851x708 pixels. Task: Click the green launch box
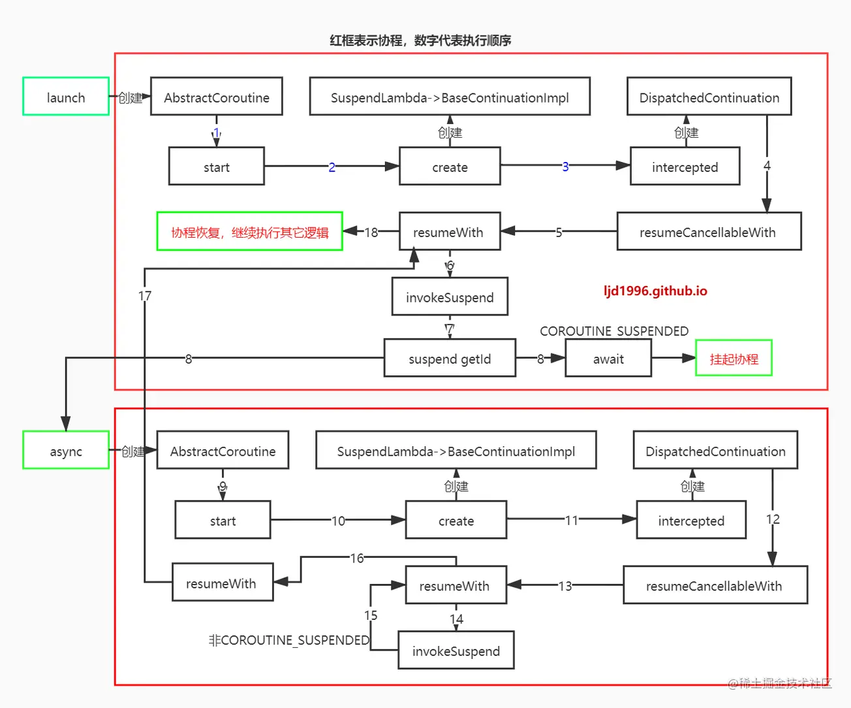pyautogui.click(x=66, y=97)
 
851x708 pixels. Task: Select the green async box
pyautogui.click(x=66, y=451)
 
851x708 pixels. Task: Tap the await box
pyautogui.click(x=608, y=358)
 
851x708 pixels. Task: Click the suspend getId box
pyautogui.click(x=450, y=358)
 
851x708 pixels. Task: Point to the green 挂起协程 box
pyautogui.click(x=734, y=358)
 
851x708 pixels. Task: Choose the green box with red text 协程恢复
pyautogui.click(x=250, y=232)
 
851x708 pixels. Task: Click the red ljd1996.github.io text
pyautogui.click(x=655, y=291)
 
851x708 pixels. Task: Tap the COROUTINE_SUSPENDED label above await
pyautogui.click(x=614, y=330)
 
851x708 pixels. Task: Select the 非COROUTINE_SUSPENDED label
pyautogui.click(x=289, y=640)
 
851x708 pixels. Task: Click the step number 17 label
pyautogui.click(x=145, y=296)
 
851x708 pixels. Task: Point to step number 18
pyautogui.click(x=371, y=232)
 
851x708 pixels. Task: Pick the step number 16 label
pyautogui.click(x=357, y=558)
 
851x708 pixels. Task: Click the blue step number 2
pyautogui.click(x=332, y=167)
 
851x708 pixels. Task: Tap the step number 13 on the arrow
pyautogui.click(x=565, y=586)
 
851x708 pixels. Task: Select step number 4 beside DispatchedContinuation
pyautogui.click(x=767, y=166)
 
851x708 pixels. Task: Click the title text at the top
pyautogui.click(x=420, y=40)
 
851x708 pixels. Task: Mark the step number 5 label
pyautogui.click(x=559, y=232)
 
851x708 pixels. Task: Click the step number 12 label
pyautogui.click(x=773, y=519)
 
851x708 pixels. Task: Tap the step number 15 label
pyautogui.click(x=371, y=615)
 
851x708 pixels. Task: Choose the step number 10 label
pyautogui.click(x=338, y=521)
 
